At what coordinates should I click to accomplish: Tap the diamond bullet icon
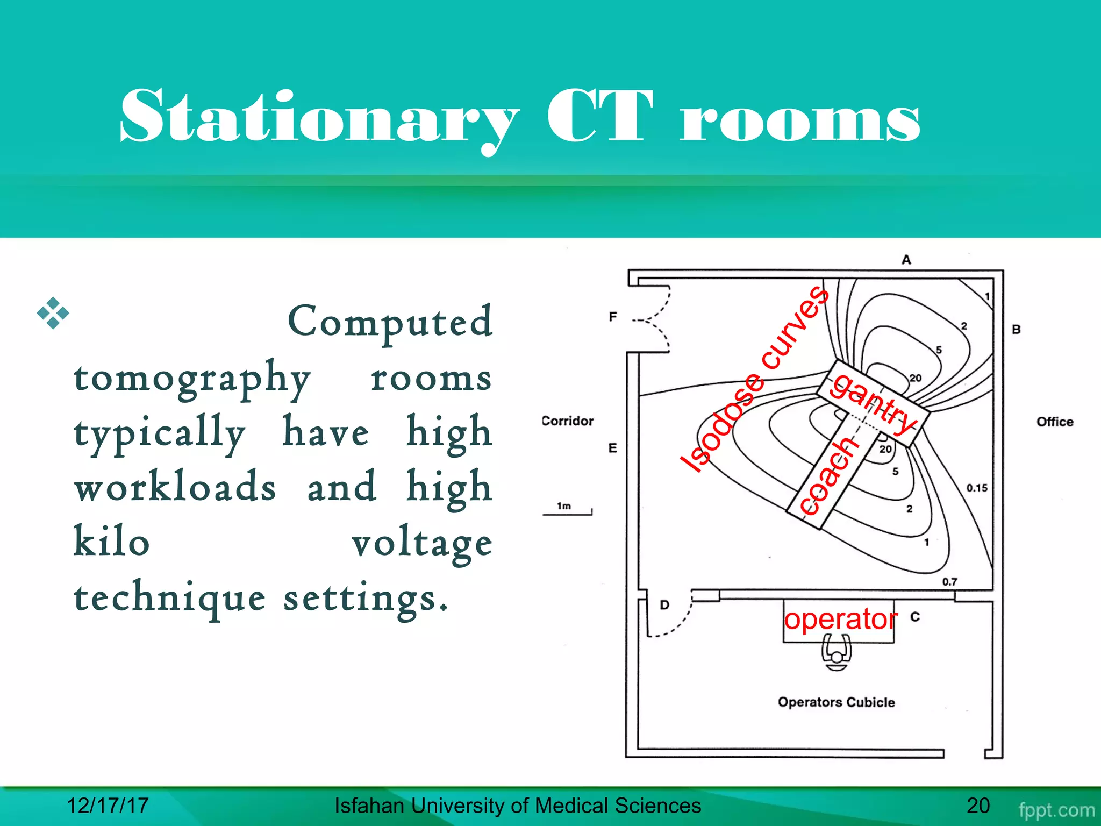coord(53,313)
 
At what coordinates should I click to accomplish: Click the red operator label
coord(841,619)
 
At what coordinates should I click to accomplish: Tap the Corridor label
coord(567,421)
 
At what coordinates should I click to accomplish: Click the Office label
coord(1055,422)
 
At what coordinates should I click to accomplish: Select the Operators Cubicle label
coord(836,702)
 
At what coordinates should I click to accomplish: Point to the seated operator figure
coord(837,653)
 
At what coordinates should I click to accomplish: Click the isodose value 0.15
coord(977,488)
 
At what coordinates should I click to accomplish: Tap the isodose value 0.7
coord(949,581)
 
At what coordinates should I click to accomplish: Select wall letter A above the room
coord(906,260)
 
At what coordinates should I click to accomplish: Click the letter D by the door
coord(664,605)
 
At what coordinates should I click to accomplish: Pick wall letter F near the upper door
coord(613,317)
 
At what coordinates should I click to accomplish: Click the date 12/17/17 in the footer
coord(108,806)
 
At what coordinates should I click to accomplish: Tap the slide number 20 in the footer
coord(978,806)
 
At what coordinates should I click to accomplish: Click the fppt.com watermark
coord(1056,810)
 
